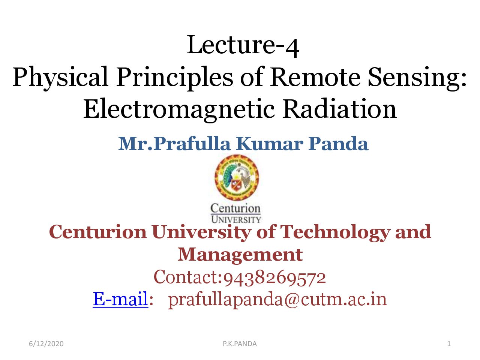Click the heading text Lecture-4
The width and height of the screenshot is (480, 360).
tap(243, 45)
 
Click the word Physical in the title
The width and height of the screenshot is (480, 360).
tap(60, 78)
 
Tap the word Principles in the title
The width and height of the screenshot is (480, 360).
tap(174, 78)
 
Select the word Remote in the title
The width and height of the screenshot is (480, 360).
tap(315, 76)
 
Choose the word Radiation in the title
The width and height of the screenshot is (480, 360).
tap(339, 108)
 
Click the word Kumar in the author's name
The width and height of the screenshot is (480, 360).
tap(269, 144)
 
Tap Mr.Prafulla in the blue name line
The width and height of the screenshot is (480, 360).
tap(174, 144)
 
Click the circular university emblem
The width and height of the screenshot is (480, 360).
tap(237, 177)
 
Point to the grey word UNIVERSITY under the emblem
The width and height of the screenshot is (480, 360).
tap(236, 219)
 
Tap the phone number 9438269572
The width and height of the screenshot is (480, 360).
tap(274, 277)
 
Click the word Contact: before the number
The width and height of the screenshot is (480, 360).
tap(188, 277)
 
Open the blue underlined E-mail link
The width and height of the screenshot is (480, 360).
tap(120, 299)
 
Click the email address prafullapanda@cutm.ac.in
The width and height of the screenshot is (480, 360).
tap(277, 300)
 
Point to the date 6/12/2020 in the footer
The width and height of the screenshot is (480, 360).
tap(46, 344)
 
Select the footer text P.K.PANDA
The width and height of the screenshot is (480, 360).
tap(240, 344)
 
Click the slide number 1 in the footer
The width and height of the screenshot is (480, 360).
tap(449, 344)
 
